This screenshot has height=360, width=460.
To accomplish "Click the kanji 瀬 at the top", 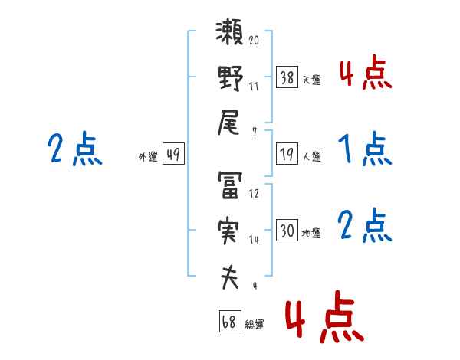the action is (x=229, y=31).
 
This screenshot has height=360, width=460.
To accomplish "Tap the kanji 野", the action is (x=230, y=78).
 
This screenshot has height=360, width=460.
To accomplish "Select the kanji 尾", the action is (x=228, y=123).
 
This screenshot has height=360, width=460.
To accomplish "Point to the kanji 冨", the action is (x=230, y=185).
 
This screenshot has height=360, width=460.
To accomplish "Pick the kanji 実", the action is (x=229, y=231).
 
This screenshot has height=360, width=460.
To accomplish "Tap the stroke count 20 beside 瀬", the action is (x=254, y=40).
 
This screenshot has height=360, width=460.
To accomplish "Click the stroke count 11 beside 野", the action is (x=254, y=87).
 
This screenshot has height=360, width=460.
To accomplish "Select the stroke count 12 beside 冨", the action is (x=254, y=193).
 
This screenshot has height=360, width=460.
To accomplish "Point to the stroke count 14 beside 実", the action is (x=254, y=240).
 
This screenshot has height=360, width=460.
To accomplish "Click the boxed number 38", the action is (x=287, y=77).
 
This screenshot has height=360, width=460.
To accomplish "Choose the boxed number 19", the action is (x=287, y=154).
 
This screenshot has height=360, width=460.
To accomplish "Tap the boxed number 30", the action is (x=287, y=230).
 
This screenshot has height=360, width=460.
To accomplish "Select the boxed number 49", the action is (x=173, y=154).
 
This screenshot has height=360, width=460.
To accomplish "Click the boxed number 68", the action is (x=230, y=321).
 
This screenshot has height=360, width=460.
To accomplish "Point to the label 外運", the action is (x=148, y=157).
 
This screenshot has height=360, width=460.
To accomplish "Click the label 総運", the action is (x=255, y=325).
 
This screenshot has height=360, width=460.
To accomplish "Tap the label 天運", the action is (x=312, y=80).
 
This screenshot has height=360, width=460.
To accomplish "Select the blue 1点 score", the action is (x=365, y=149).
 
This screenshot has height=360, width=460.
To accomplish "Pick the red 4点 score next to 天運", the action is (x=366, y=72).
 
